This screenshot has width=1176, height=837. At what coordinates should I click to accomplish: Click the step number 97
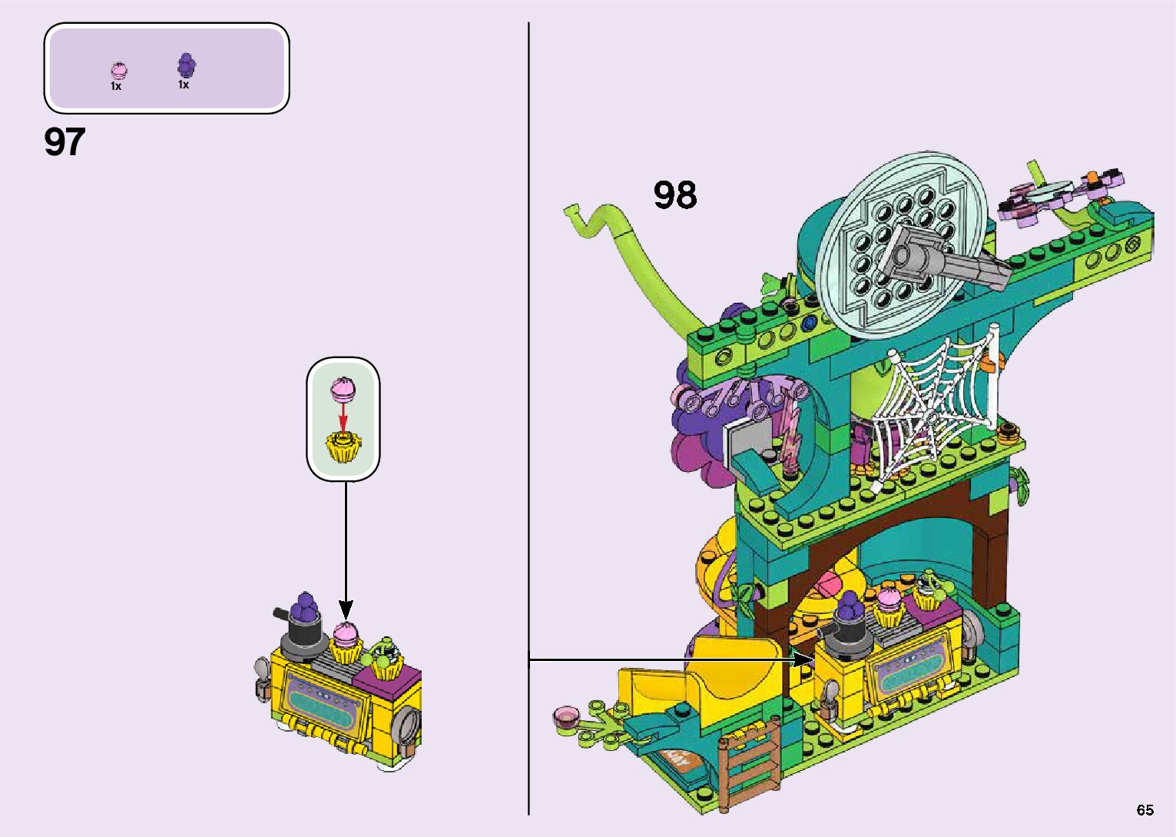pyautogui.click(x=65, y=143)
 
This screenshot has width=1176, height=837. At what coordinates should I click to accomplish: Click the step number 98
pyautogui.click(x=675, y=195)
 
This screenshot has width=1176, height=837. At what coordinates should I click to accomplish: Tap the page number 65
pyautogui.click(x=1145, y=809)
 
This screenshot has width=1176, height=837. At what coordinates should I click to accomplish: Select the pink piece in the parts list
pyautogui.click(x=118, y=71)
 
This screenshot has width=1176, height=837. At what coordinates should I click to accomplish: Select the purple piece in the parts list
pyautogui.click(x=186, y=65)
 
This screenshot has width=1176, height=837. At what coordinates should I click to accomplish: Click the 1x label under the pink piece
pyautogui.click(x=116, y=87)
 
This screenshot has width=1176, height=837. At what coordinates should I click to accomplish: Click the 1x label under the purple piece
pyautogui.click(x=184, y=85)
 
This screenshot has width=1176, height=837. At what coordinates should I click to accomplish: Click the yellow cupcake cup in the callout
pyautogui.click(x=343, y=448)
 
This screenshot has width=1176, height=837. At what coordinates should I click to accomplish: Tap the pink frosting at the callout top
pyautogui.click(x=343, y=390)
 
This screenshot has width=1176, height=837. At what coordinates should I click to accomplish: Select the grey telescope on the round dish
pyautogui.click(x=941, y=257)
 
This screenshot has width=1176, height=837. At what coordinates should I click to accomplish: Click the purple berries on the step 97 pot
pyautogui.click(x=306, y=607)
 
